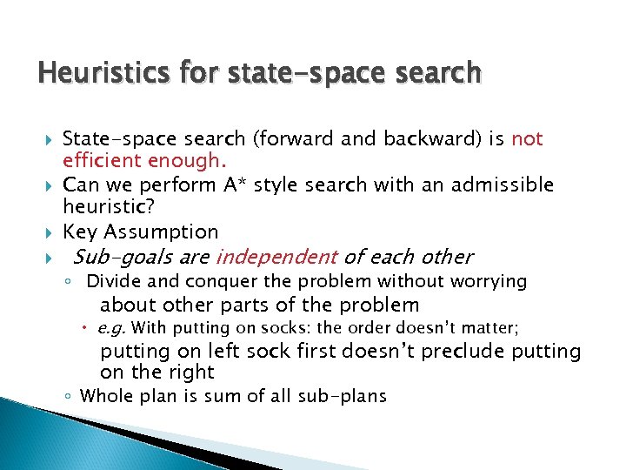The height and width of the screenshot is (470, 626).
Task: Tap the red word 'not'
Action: (527, 139)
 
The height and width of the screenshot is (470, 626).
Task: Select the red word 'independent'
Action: (276, 257)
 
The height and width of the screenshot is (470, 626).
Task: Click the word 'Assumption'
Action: (161, 232)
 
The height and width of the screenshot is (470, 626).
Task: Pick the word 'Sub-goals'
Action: (115, 257)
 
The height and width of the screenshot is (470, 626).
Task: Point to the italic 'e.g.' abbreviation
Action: (111, 328)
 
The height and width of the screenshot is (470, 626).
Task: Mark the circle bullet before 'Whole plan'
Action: (68, 397)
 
